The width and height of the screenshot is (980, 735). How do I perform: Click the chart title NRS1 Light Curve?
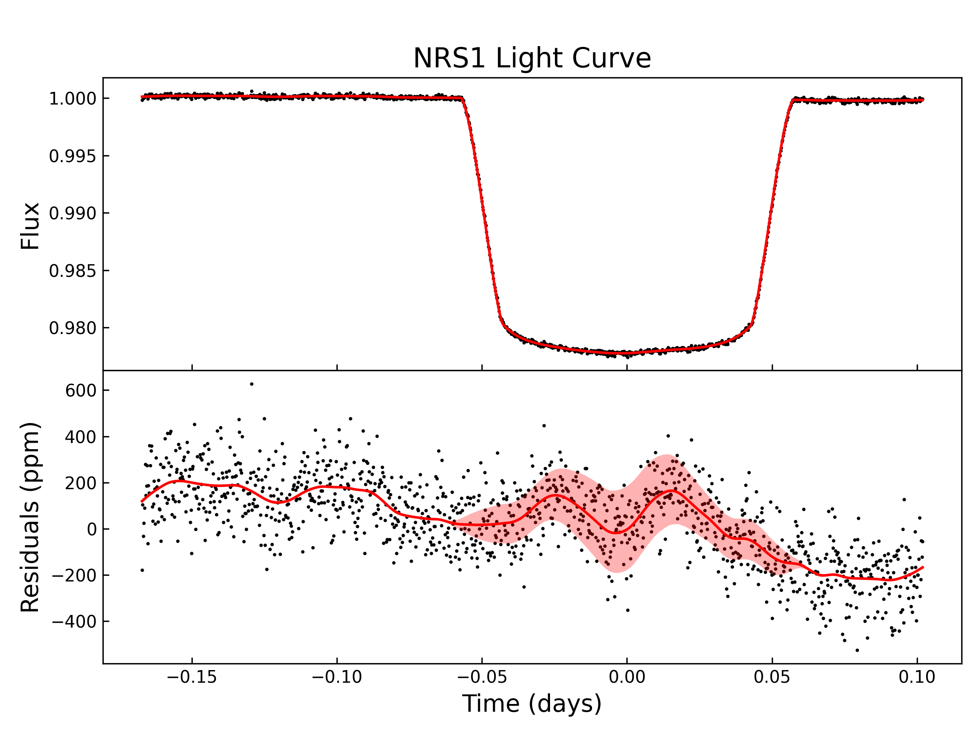point(532,58)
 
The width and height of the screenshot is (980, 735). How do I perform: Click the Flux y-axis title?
point(30,226)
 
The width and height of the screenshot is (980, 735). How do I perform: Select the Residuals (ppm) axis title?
point(30,517)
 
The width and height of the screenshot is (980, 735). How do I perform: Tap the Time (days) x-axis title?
point(532,704)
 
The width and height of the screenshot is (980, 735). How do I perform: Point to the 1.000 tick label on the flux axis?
point(72,99)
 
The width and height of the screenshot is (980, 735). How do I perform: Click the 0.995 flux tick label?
point(72,156)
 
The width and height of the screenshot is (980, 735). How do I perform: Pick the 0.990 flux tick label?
point(72,214)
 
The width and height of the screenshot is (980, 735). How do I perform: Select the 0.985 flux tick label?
point(72,271)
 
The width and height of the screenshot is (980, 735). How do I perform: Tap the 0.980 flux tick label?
point(72,328)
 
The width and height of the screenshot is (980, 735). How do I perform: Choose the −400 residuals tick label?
point(74,622)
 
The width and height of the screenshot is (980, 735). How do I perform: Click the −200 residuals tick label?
point(74,575)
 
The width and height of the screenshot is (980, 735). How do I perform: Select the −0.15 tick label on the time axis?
point(192,677)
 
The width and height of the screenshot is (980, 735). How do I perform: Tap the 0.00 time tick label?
point(627,677)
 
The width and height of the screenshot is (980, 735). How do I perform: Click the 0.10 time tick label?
point(917,677)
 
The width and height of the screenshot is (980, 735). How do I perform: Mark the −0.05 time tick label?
point(481,677)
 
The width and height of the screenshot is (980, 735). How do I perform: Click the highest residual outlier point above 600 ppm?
point(252,384)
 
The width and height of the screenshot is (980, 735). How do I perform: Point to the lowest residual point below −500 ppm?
point(857,650)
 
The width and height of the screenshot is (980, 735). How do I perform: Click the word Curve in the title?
point(611,58)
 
